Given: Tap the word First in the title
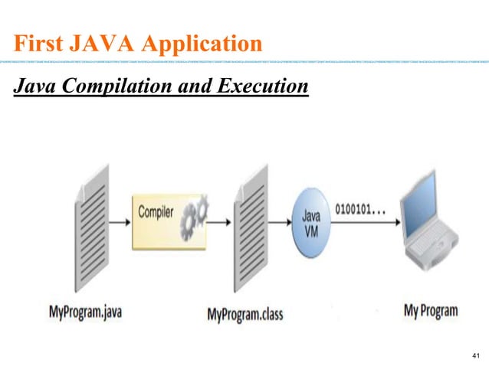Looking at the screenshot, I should pyautogui.click(x=39, y=41).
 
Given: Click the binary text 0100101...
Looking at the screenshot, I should pyautogui.click(x=361, y=208).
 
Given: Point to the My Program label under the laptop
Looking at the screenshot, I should pyautogui.click(x=430, y=311).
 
